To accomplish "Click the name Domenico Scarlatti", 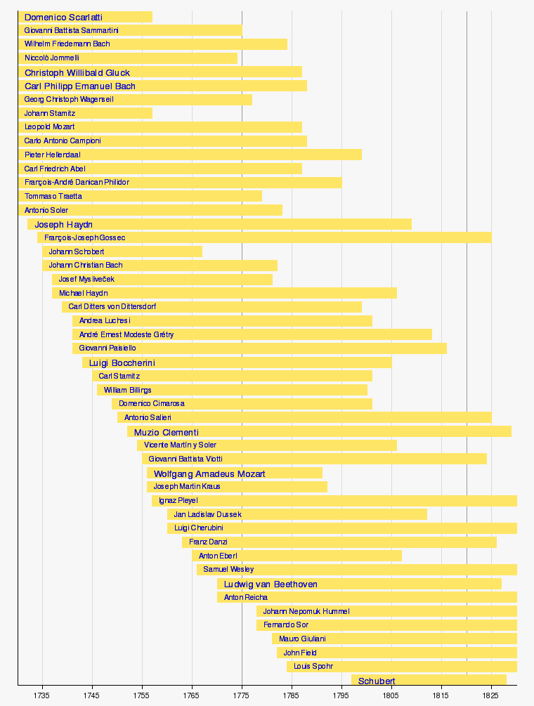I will (x=63, y=17).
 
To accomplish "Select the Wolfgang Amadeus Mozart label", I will (x=209, y=473).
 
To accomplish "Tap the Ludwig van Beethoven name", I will (x=271, y=584).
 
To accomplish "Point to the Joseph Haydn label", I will (x=63, y=224).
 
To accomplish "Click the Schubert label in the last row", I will (x=377, y=681).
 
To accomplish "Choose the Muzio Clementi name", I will (x=167, y=432).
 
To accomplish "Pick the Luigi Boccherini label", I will (x=122, y=362).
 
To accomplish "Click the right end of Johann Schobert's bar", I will (x=202, y=251).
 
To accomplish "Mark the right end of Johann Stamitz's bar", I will (x=152, y=113).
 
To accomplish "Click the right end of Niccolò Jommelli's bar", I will (x=237, y=58).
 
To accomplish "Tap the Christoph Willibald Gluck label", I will (x=77, y=72).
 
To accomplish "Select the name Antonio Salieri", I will (x=148, y=418).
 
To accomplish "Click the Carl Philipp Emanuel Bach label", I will (x=80, y=86).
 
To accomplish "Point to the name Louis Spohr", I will (x=313, y=666).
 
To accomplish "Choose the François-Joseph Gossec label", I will (x=84, y=237).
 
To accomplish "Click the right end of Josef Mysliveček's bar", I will (x=272, y=279).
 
